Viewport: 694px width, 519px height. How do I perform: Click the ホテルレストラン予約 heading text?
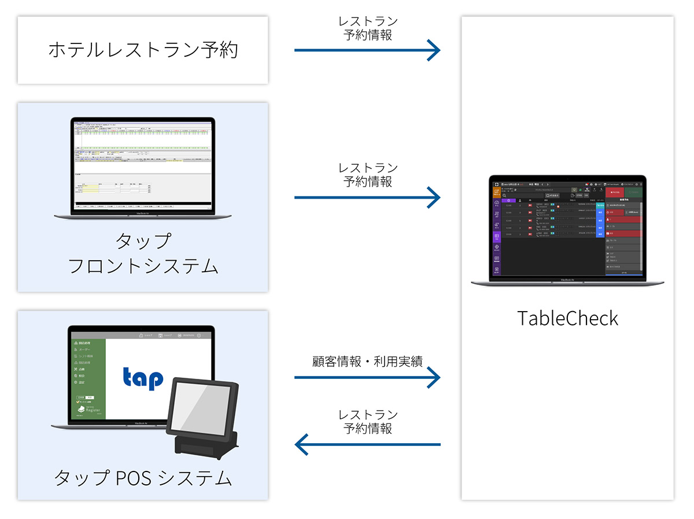[143, 50]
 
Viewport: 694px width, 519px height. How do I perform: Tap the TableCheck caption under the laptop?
[567, 318]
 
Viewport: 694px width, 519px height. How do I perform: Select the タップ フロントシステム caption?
[143, 254]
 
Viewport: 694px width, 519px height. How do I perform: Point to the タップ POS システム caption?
[143, 478]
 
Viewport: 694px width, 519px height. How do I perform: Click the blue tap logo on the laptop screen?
[143, 377]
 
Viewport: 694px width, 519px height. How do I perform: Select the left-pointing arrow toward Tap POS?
[367, 445]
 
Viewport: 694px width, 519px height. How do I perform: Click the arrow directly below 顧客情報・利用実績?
[367, 378]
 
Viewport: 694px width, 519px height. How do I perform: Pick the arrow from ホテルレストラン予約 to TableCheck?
[367, 50]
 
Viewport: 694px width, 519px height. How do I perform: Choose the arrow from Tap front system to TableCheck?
[367, 198]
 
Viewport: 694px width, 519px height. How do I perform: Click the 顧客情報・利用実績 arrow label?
[367, 361]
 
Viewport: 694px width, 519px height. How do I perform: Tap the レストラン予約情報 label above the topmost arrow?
[368, 28]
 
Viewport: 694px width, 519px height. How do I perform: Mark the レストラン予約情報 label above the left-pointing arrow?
[368, 422]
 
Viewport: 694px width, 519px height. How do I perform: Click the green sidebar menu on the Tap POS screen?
[88, 377]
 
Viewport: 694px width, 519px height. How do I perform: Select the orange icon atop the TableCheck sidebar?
[496, 193]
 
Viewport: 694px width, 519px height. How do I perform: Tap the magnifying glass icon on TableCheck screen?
[504, 196]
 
